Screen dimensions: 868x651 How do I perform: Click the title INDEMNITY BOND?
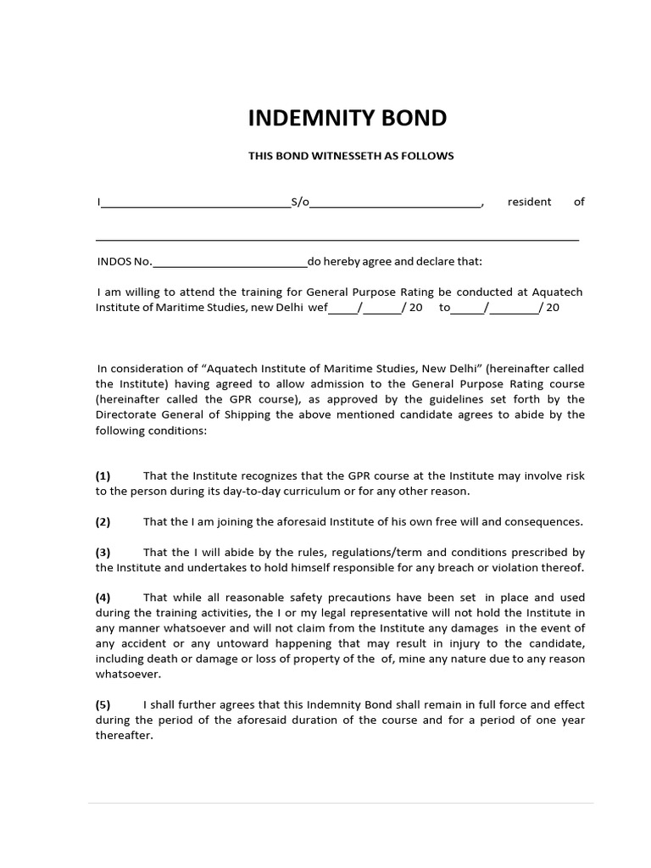coord(347,118)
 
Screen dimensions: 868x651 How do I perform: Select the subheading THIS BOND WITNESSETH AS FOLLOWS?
coord(351,156)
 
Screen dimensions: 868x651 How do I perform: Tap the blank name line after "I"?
coord(195,203)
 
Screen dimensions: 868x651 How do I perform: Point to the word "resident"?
coord(529,202)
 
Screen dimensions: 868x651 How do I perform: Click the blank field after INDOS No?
coord(230,263)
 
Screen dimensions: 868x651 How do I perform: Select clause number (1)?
coord(103,476)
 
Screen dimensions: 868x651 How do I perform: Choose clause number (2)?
coord(103,521)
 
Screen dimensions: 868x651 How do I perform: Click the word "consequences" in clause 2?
coord(543,521)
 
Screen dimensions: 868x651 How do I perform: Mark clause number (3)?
coord(103,552)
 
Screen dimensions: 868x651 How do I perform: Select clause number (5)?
coord(103,704)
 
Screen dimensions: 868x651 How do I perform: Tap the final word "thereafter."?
coord(124,736)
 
